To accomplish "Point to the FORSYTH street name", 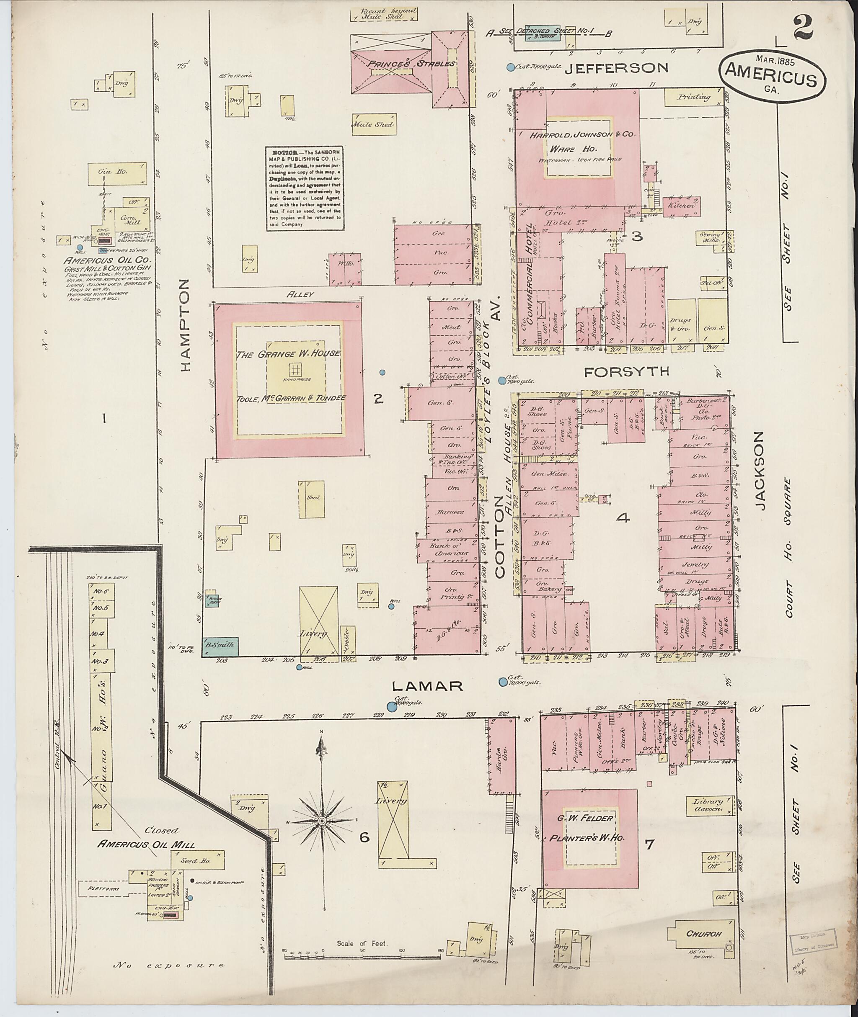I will tap(626, 372).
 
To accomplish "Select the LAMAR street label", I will tap(426, 685).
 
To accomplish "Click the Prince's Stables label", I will tap(411, 63).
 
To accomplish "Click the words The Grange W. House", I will tap(288, 354).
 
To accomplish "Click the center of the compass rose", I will tap(321, 821).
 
